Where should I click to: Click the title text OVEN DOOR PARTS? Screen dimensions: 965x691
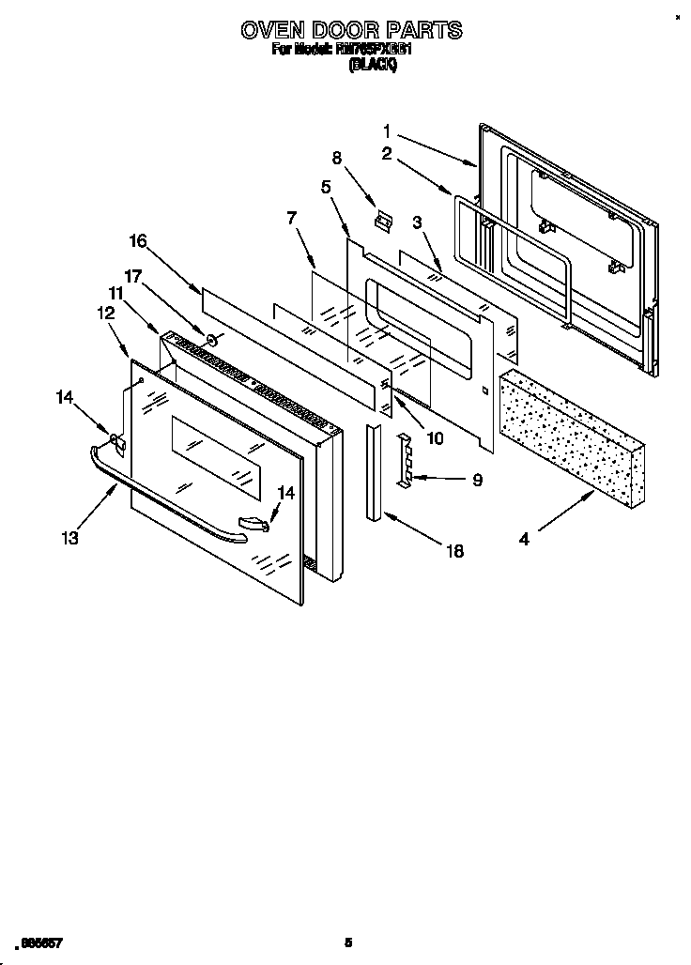(x=350, y=30)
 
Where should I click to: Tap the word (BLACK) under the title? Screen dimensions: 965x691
(x=374, y=65)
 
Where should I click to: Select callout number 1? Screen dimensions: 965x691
(x=389, y=131)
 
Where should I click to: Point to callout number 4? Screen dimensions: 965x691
(x=524, y=539)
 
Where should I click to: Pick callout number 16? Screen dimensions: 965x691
(x=138, y=241)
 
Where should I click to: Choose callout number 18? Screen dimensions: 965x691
(x=454, y=552)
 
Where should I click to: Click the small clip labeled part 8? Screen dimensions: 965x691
(x=381, y=222)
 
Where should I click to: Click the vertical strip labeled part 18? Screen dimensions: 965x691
(x=374, y=472)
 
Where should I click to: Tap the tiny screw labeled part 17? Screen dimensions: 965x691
(x=212, y=340)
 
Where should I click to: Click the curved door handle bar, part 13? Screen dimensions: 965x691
(x=169, y=498)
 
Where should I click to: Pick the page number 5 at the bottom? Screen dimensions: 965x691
(x=348, y=942)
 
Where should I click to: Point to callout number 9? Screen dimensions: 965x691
(x=477, y=480)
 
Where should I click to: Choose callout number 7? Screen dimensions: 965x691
(x=292, y=219)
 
